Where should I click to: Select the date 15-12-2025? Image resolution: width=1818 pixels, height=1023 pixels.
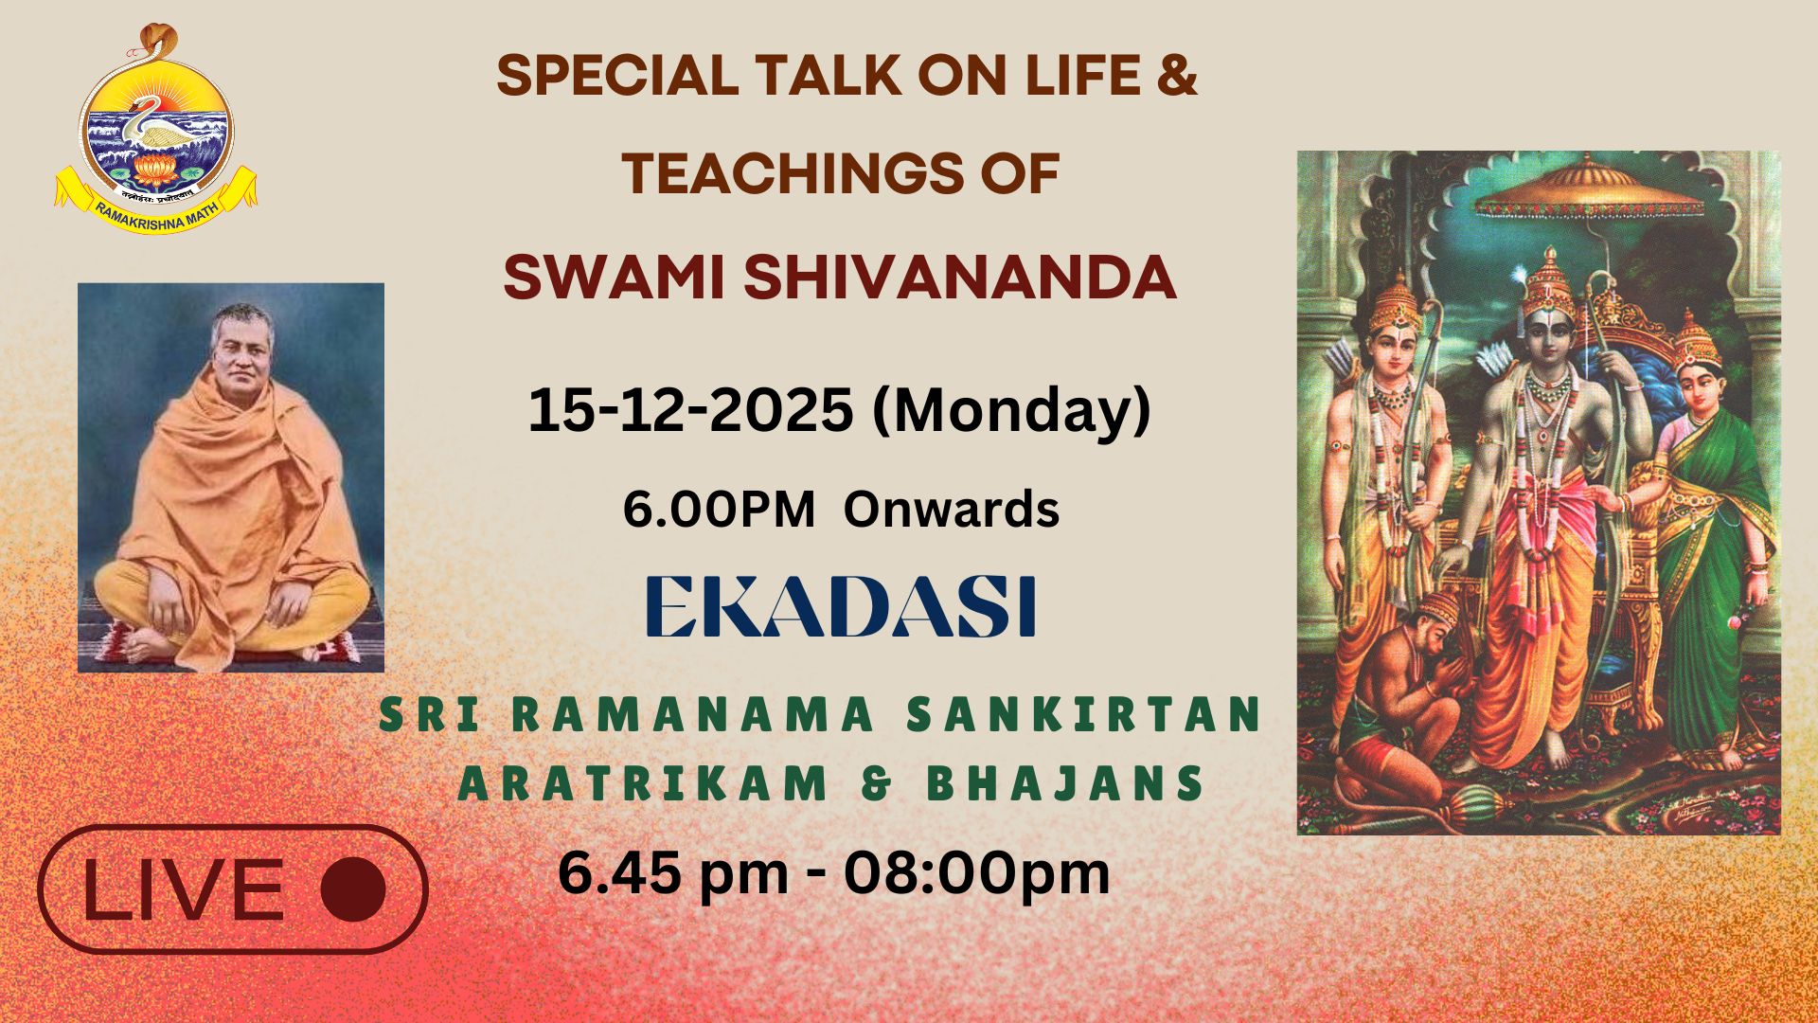[690, 410]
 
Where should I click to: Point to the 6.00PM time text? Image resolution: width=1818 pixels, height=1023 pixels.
[719, 510]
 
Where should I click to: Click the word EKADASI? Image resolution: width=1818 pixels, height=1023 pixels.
[841, 606]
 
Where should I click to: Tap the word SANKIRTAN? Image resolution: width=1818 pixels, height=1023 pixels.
[1084, 715]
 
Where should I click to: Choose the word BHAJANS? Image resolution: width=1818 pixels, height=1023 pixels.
[1065, 784]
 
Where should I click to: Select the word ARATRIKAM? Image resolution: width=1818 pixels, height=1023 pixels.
[644, 784]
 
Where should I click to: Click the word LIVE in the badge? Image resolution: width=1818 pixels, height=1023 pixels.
[183, 889]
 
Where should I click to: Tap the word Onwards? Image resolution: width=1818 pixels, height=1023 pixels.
[952, 510]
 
